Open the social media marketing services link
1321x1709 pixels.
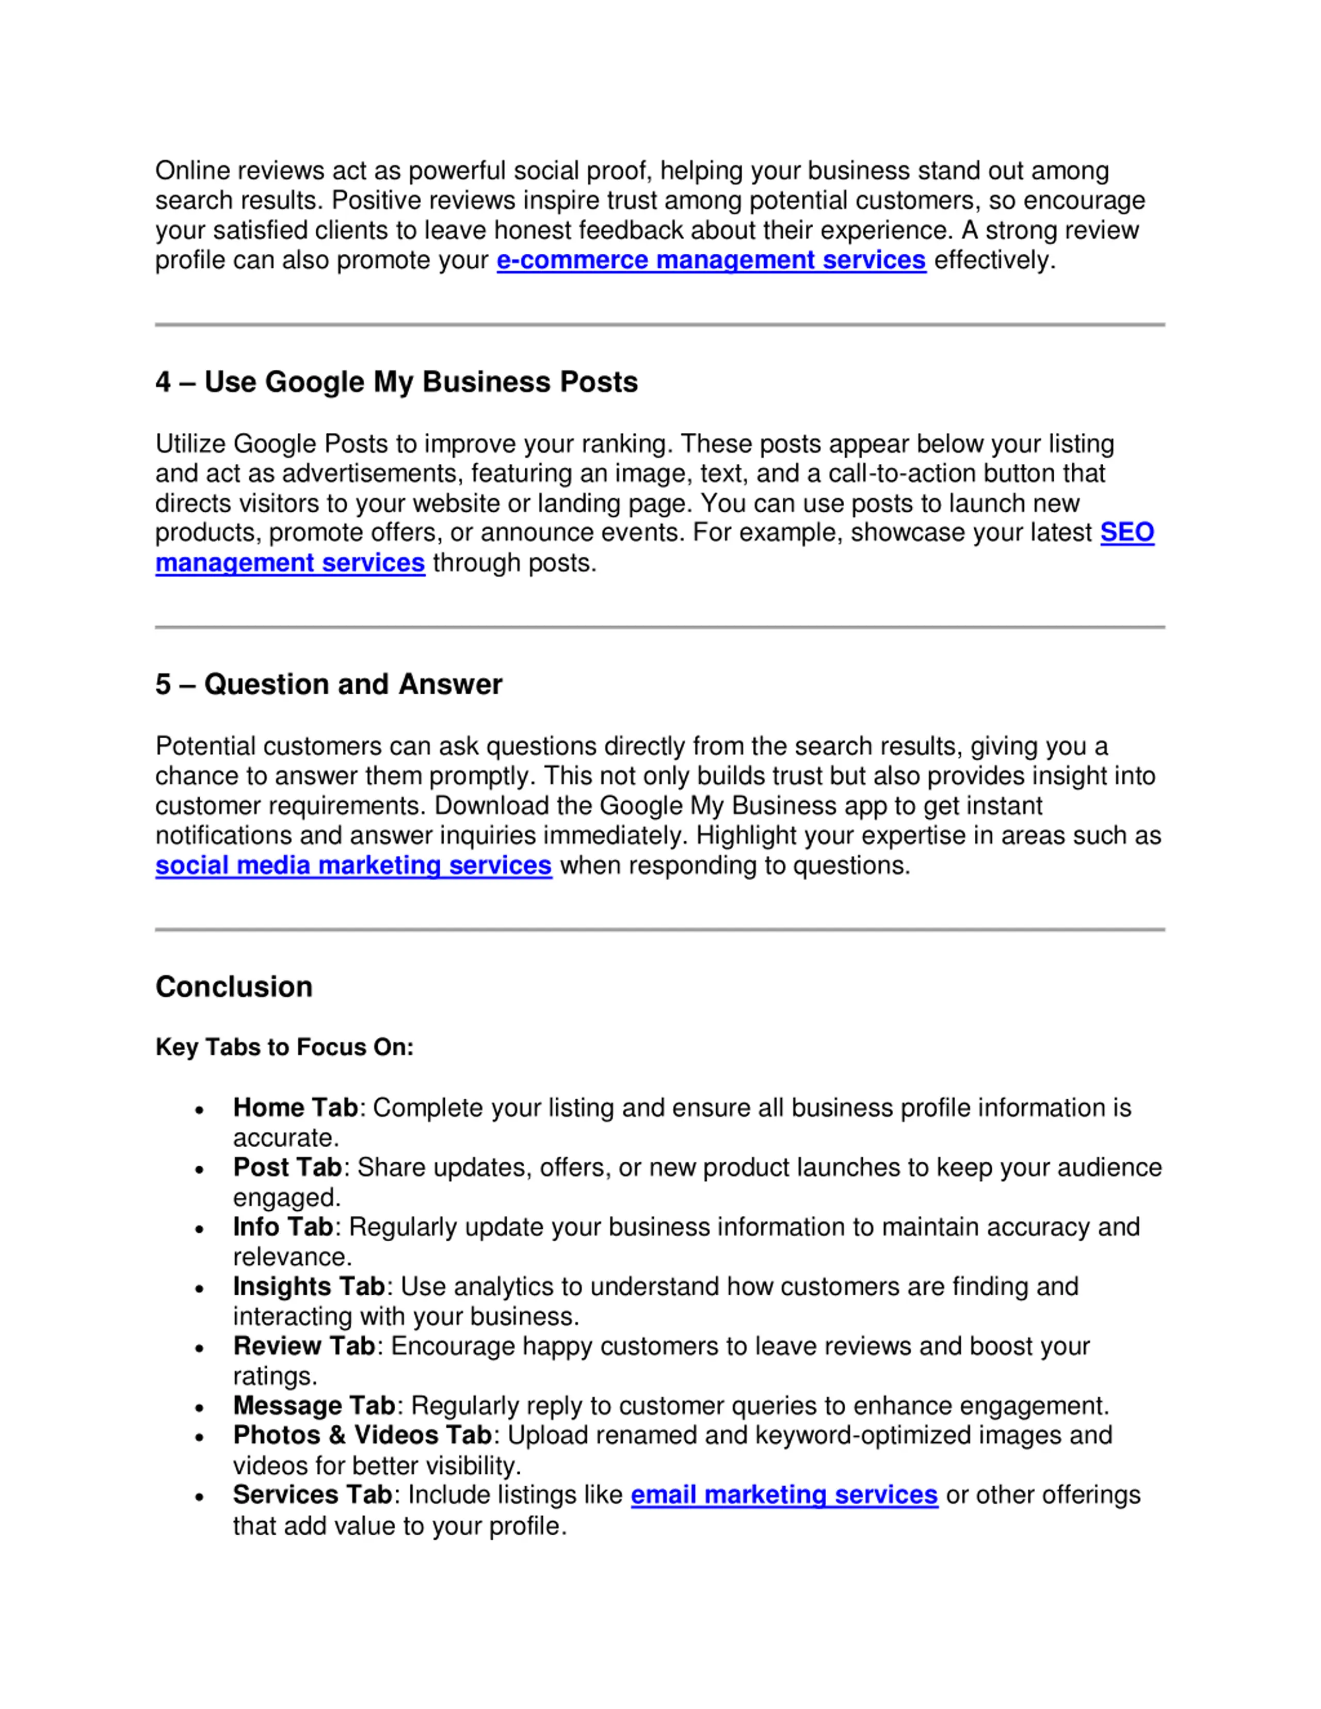point(353,866)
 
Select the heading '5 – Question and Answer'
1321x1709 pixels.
point(329,685)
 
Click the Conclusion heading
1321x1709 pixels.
point(234,987)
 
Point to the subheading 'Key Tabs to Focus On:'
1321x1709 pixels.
point(284,1047)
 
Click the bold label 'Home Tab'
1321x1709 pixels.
point(295,1108)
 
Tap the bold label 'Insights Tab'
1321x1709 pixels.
point(309,1287)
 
